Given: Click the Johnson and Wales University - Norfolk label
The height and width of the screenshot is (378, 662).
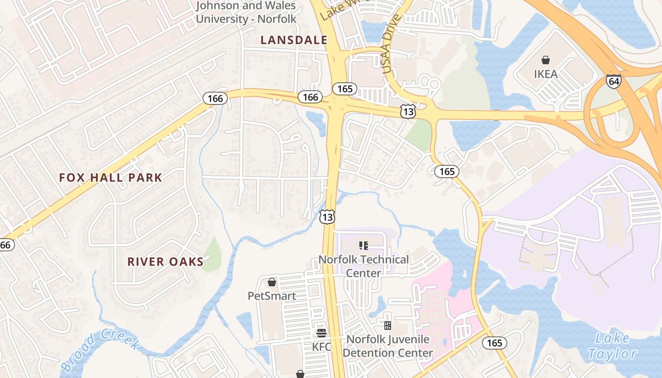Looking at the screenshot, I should [x=246, y=12].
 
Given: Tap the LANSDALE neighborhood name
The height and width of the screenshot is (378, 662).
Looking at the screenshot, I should [x=294, y=40].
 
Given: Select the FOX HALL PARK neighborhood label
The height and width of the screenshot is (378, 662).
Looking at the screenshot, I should [x=111, y=178].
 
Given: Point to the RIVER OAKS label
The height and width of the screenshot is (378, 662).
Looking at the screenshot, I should [x=165, y=262].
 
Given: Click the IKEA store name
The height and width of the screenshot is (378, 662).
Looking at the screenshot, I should [x=546, y=74].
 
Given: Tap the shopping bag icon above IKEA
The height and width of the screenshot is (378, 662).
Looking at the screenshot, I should [x=546, y=60].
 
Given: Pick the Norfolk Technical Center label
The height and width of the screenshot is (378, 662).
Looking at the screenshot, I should [x=364, y=266].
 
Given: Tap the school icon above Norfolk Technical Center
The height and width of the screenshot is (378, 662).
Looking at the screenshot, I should [x=364, y=245].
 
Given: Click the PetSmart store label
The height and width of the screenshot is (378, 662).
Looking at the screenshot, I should [x=272, y=296].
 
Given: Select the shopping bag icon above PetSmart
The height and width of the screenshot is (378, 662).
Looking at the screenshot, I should [x=272, y=283].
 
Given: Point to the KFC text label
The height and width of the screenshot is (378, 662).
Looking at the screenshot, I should [x=322, y=346].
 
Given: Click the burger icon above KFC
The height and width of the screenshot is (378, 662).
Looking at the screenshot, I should [x=322, y=333].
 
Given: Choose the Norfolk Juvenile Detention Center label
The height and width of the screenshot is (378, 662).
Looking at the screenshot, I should [x=388, y=346].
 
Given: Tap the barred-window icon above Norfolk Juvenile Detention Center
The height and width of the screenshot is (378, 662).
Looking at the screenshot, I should [x=388, y=325].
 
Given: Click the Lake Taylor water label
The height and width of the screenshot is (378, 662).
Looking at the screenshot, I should [x=613, y=346].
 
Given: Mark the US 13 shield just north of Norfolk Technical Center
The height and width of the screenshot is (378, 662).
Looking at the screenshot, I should [x=327, y=217].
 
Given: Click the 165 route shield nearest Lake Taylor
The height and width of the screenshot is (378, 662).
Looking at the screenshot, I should [x=494, y=343].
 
